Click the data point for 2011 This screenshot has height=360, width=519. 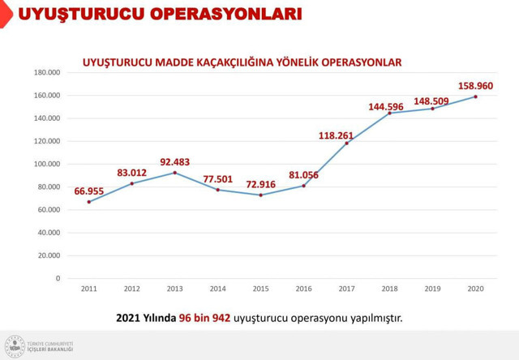(88, 202)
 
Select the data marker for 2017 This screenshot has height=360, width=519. (346, 144)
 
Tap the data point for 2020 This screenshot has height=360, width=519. (475, 96)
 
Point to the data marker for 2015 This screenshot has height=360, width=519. (260, 195)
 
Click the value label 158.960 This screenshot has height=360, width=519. (475, 85)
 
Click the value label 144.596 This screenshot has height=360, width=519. (387, 106)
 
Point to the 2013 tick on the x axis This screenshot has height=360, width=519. (174, 288)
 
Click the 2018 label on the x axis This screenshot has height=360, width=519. (389, 288)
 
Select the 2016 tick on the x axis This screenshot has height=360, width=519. (303, 288)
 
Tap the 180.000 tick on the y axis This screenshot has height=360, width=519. (48, 72)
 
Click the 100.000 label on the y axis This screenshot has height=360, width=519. (48, 164)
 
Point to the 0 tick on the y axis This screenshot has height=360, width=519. (58, 278)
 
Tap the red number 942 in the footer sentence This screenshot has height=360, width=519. (218, 317)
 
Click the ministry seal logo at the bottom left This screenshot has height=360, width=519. (15, 345)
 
